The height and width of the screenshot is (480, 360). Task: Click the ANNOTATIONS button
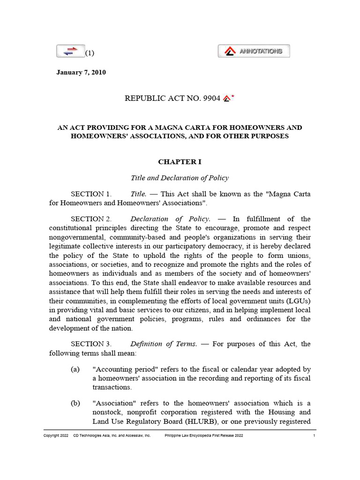(x=254, y=51)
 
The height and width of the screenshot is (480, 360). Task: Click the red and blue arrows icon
(x=70, y=51)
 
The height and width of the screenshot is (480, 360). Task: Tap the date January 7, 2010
(x=81, y=72)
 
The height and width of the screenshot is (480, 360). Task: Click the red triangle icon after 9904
(x=227, y=98)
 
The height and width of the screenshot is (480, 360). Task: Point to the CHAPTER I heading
(x=180, y=162)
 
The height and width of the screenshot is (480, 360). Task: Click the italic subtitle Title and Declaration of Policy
(x=180, y=178)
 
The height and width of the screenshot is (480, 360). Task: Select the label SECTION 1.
(x=91, y=194)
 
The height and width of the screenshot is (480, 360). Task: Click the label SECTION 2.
(x=91, y=219)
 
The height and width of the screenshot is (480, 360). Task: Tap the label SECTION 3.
(x=91, y=344)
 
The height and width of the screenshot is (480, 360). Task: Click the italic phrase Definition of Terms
(x=164, y=344)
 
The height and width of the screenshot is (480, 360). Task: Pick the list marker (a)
(x=75, y=369)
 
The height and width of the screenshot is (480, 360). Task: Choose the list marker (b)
(x=75, y=403)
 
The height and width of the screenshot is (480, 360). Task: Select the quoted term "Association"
(x=113, y=403)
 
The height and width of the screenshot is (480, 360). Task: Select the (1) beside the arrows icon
(x=90, y=53)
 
